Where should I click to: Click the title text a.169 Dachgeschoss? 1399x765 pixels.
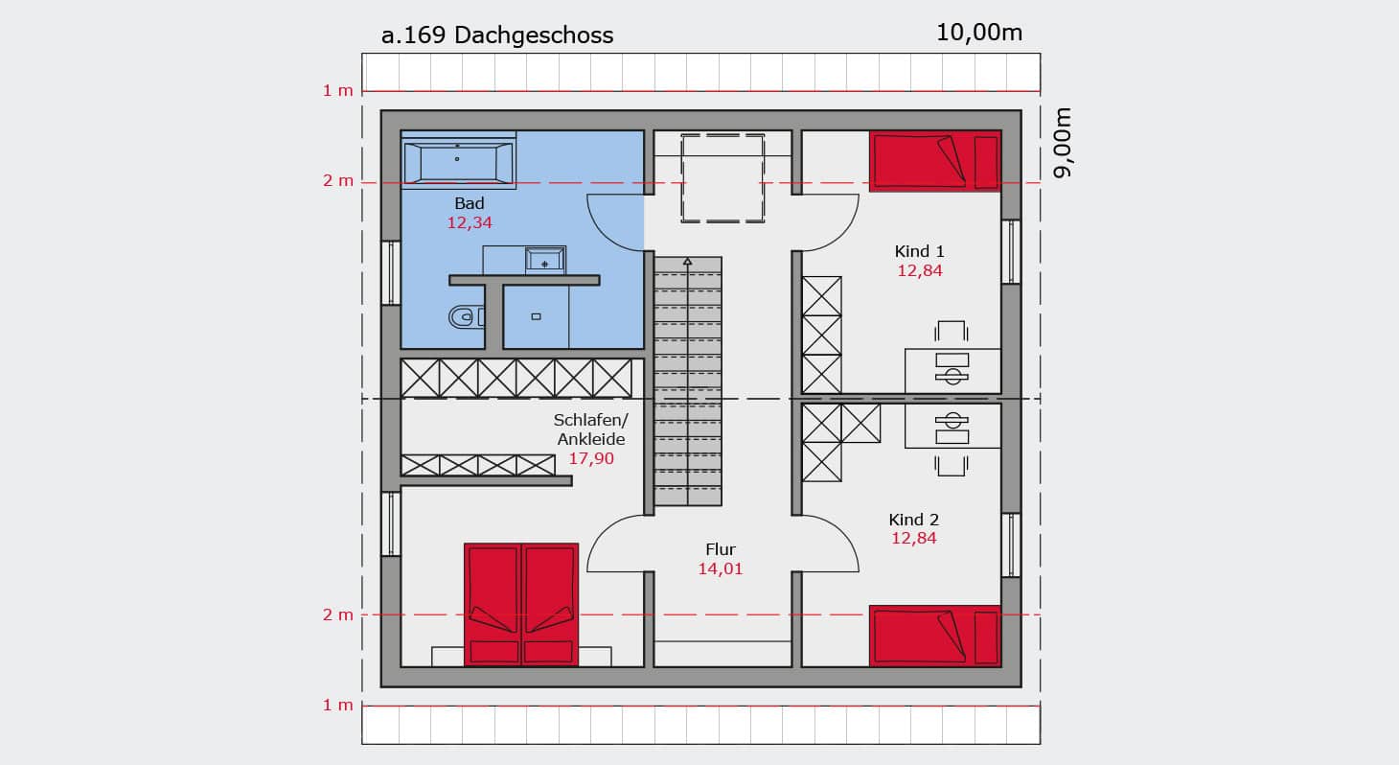497,35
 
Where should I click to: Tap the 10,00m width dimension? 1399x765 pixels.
978,33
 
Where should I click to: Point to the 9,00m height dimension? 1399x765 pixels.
1062,143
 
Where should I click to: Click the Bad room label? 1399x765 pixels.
469,203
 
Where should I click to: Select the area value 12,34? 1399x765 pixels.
469,222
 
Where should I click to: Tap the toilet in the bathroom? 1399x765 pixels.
466,317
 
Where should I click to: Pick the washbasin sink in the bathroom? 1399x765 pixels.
544,260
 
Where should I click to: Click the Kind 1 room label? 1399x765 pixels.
919,251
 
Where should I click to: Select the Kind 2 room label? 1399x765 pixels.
914,520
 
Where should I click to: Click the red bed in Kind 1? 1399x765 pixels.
935,161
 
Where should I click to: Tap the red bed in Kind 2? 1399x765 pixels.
935,636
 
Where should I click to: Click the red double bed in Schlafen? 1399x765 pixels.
521,604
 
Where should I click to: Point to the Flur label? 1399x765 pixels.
721,549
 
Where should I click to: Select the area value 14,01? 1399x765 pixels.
721,568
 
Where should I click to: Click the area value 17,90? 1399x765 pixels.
591,458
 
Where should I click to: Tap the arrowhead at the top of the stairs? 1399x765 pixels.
688,262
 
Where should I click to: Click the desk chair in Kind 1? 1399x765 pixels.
952,331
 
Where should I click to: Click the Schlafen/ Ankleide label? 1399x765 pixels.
591,429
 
